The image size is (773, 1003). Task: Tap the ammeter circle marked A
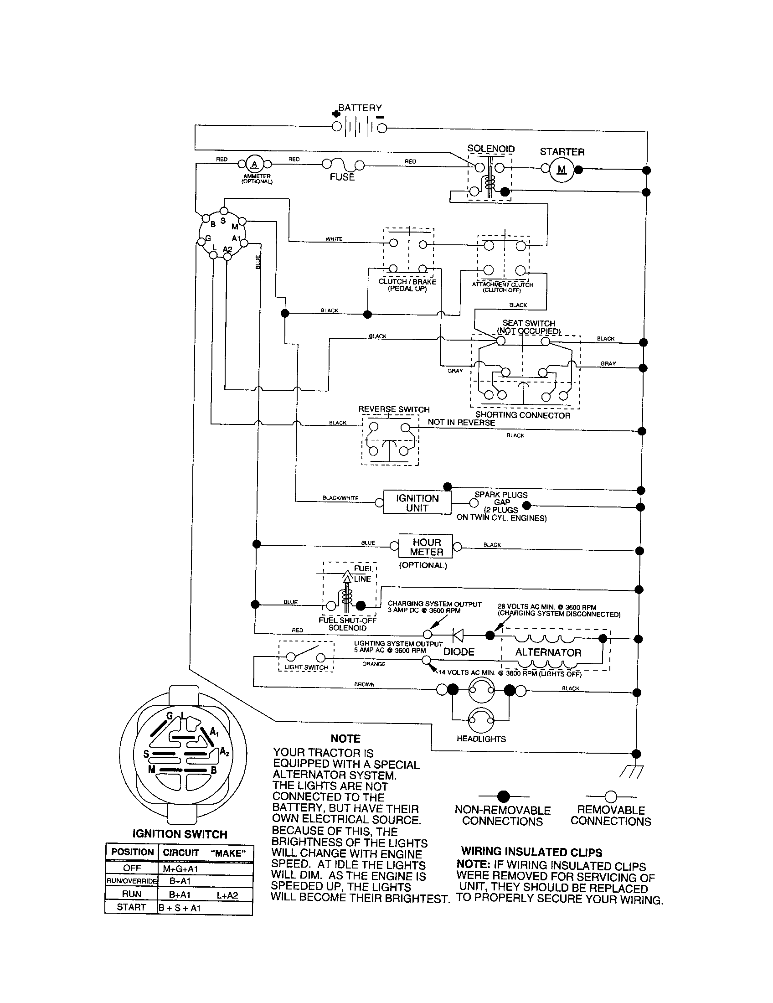click(254, 164)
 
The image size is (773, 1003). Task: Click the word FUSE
click(342, 177)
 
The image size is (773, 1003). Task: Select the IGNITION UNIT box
click(417, 503)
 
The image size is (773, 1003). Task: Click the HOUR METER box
click(426, 547)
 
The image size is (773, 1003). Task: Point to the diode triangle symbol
click(458, 635)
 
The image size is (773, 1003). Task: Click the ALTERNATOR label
click(548, 652)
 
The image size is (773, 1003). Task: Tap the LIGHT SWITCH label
click(306, 667)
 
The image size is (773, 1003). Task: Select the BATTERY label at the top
click(360, 108)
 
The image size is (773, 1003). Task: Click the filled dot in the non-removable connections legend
click(504, 796)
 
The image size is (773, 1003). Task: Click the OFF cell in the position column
click(132, 868)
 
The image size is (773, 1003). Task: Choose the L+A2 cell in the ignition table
click(228, 894)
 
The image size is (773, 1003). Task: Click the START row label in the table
click(131, 907)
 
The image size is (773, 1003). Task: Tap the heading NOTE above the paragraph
click(345, 739)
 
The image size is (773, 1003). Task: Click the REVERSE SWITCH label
click(394, 409)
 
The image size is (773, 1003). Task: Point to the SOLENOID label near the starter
click(491, 149)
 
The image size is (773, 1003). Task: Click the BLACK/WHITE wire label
click(340, 498)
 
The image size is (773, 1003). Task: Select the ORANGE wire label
click(374, 664)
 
